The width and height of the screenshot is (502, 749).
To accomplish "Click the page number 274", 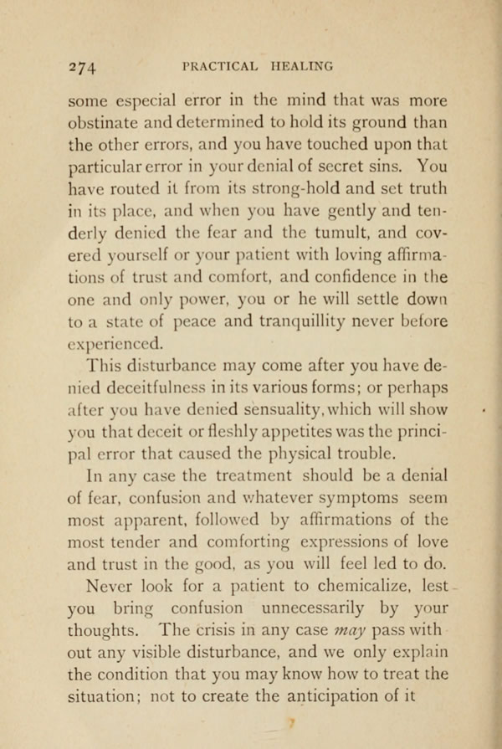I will point(83,66).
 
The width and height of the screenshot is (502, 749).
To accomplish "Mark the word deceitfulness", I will point(174,389).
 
